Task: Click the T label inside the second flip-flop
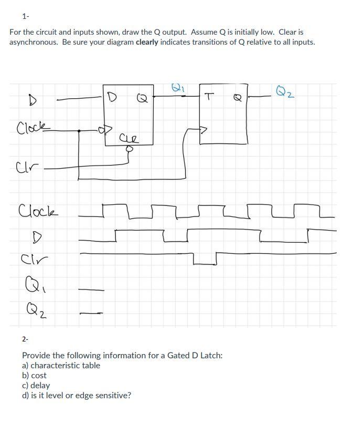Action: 210,96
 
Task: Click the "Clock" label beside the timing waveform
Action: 38,213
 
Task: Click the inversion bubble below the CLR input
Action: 129,149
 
